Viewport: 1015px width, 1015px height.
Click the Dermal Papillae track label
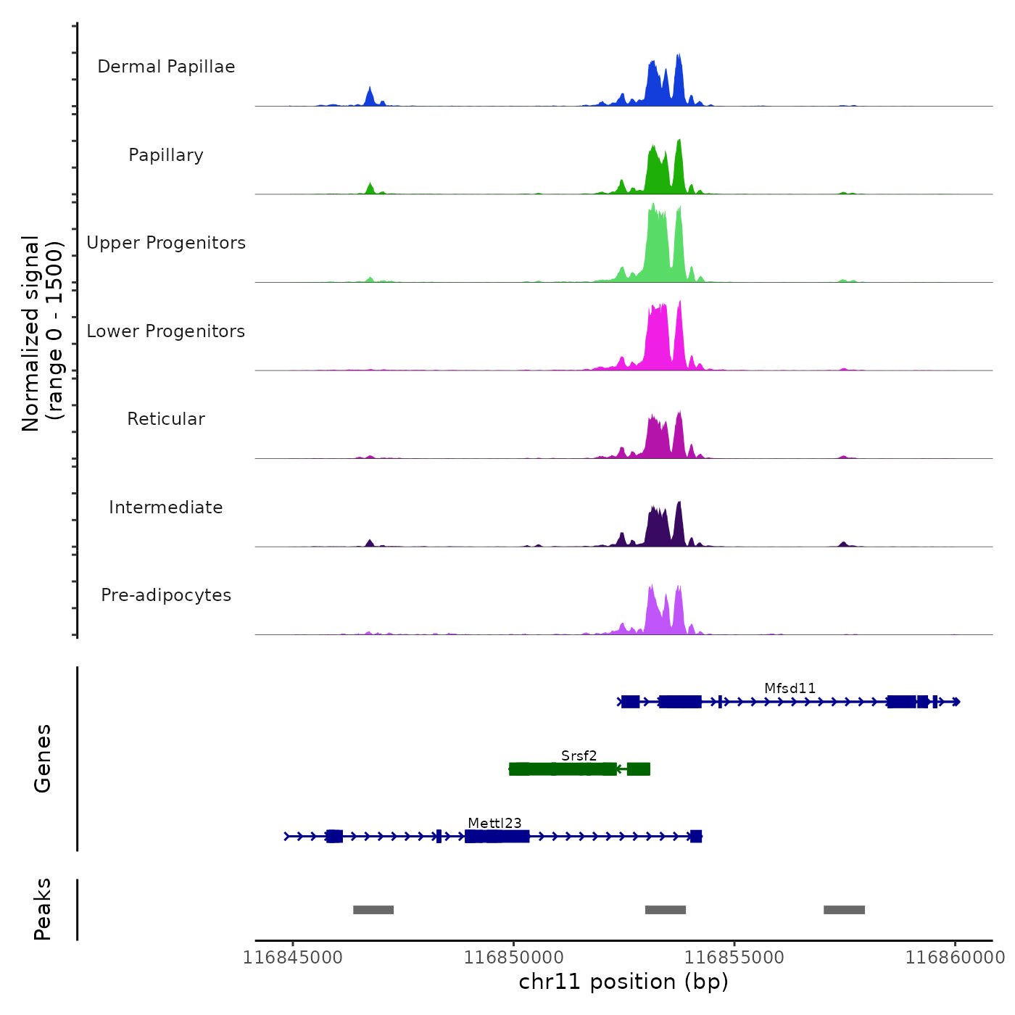pyautogui.click(x=166, y=67)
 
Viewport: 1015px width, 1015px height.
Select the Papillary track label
pyautogui.click(x=166, y=155)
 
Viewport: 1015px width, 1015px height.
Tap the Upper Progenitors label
pyautogui.click(x=166, y=243)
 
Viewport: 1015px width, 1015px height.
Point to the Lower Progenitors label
pyautogui.click(x=166, y=331)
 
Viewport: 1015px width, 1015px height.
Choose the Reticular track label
pyautogui.click(x=166, y=419)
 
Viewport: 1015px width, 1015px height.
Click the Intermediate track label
pyautogui.click(x=166, y=507)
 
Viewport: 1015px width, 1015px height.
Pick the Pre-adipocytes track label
pyautogui.click(x=166, y=595)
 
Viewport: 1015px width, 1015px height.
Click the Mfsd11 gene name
pyautogui.click(x=790, y=688)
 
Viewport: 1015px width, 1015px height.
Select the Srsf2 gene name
pyautogui.click(x=579, y=755)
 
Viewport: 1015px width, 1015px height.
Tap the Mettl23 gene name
pyautogui.click(x=494, y=823)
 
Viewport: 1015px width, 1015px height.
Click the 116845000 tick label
pyautogui.click(x=293, y=957)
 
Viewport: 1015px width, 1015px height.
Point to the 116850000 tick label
pyautogui.click(x=514, y=957)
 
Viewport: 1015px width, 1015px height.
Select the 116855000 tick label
pyautogui.click(x=734, y=957)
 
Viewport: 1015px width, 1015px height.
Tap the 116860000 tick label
pyautogui.click(x=955, y=957)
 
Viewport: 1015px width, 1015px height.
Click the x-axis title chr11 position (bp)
pyautogui.click(x=623, y=982)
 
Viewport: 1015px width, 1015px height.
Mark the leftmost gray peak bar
pyautogui.click(x=373, y=910)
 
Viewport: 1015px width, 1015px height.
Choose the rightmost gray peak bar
pyautogui.click(x=844, y=910)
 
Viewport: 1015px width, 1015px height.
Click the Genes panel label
pyautogui.click(x=43, y=758)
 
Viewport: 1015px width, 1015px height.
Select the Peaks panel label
pyautogui.click(x=43, y=909)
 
